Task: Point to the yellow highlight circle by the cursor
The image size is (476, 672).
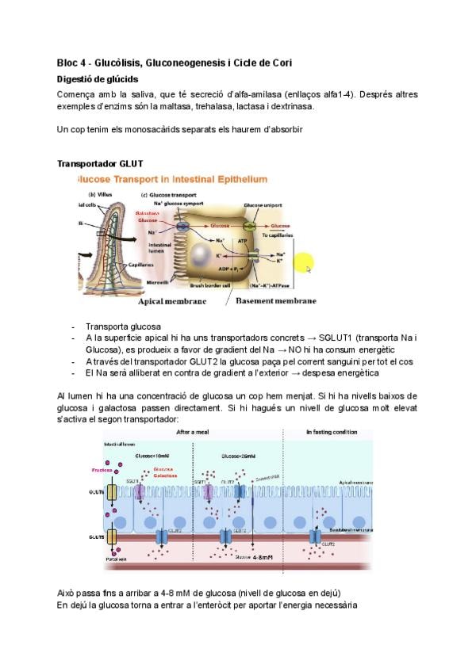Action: (x=304, y=264)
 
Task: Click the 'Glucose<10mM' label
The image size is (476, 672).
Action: (x=152, y=456)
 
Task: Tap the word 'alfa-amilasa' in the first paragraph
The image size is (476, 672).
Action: (x=254, y=94)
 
